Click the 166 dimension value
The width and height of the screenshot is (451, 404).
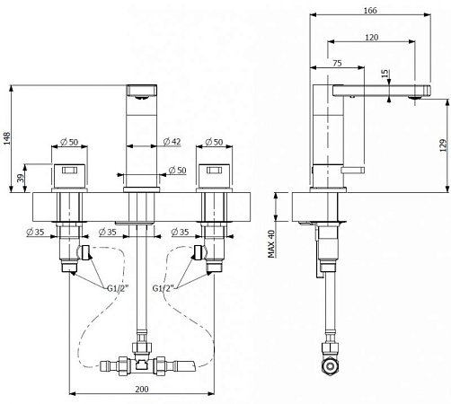370,10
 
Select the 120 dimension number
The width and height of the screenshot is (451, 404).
372,37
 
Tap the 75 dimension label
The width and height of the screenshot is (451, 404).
337,63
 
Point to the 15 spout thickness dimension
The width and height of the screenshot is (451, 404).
385,74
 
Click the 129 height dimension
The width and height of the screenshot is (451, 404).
443,145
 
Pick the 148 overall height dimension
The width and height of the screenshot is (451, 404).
6,138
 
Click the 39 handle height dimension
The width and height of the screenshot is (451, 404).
20,179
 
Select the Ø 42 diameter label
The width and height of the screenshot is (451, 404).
172,141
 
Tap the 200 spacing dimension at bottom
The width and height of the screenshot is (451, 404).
142,389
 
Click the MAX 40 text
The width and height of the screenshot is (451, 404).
271,244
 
